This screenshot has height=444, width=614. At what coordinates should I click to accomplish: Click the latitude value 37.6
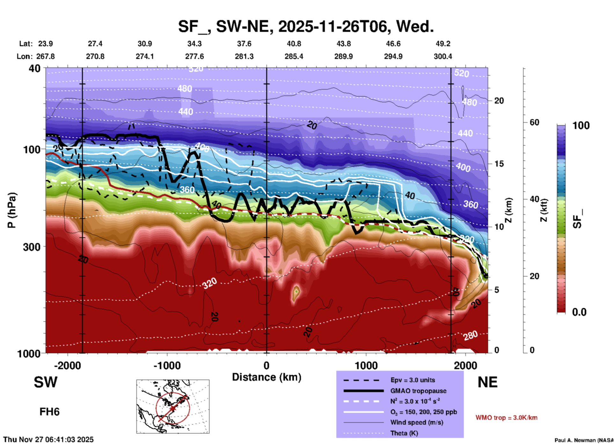(244, 44)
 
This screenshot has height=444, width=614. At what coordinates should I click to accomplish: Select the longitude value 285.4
(294, 56)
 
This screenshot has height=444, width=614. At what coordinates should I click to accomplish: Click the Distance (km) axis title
(267, 377)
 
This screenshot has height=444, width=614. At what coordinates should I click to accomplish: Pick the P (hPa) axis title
(11, 210)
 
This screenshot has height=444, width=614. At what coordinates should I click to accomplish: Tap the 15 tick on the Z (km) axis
(499, 164)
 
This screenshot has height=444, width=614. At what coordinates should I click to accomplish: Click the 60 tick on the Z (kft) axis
(534, 122)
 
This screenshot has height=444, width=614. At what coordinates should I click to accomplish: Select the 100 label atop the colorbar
(581, 125)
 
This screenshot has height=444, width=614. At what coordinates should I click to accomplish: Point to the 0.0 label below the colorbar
(579, 312)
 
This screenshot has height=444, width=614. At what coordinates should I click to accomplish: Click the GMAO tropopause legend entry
(418, 391)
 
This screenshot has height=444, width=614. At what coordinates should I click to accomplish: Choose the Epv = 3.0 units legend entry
(413, 380)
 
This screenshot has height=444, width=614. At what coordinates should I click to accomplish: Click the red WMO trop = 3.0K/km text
(506, 418)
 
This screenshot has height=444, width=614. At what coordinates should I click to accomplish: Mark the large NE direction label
(487, 382)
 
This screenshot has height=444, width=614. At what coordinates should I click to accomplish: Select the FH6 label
(49, 412)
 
